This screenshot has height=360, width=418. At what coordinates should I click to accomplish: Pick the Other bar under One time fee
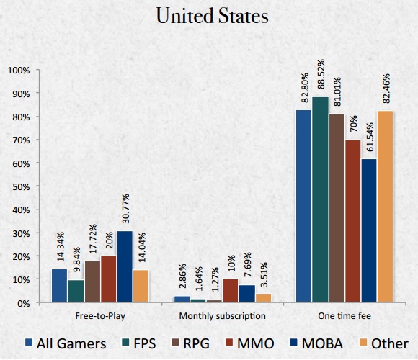point(386,207)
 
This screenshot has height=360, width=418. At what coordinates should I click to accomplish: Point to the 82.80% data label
point(303,89)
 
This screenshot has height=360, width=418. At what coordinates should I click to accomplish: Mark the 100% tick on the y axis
point(19,71)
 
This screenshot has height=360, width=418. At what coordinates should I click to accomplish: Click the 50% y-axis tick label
point(20,186)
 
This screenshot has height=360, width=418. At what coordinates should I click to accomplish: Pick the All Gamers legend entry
point(63,342)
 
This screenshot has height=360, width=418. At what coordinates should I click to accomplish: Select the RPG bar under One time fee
point(335,209)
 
